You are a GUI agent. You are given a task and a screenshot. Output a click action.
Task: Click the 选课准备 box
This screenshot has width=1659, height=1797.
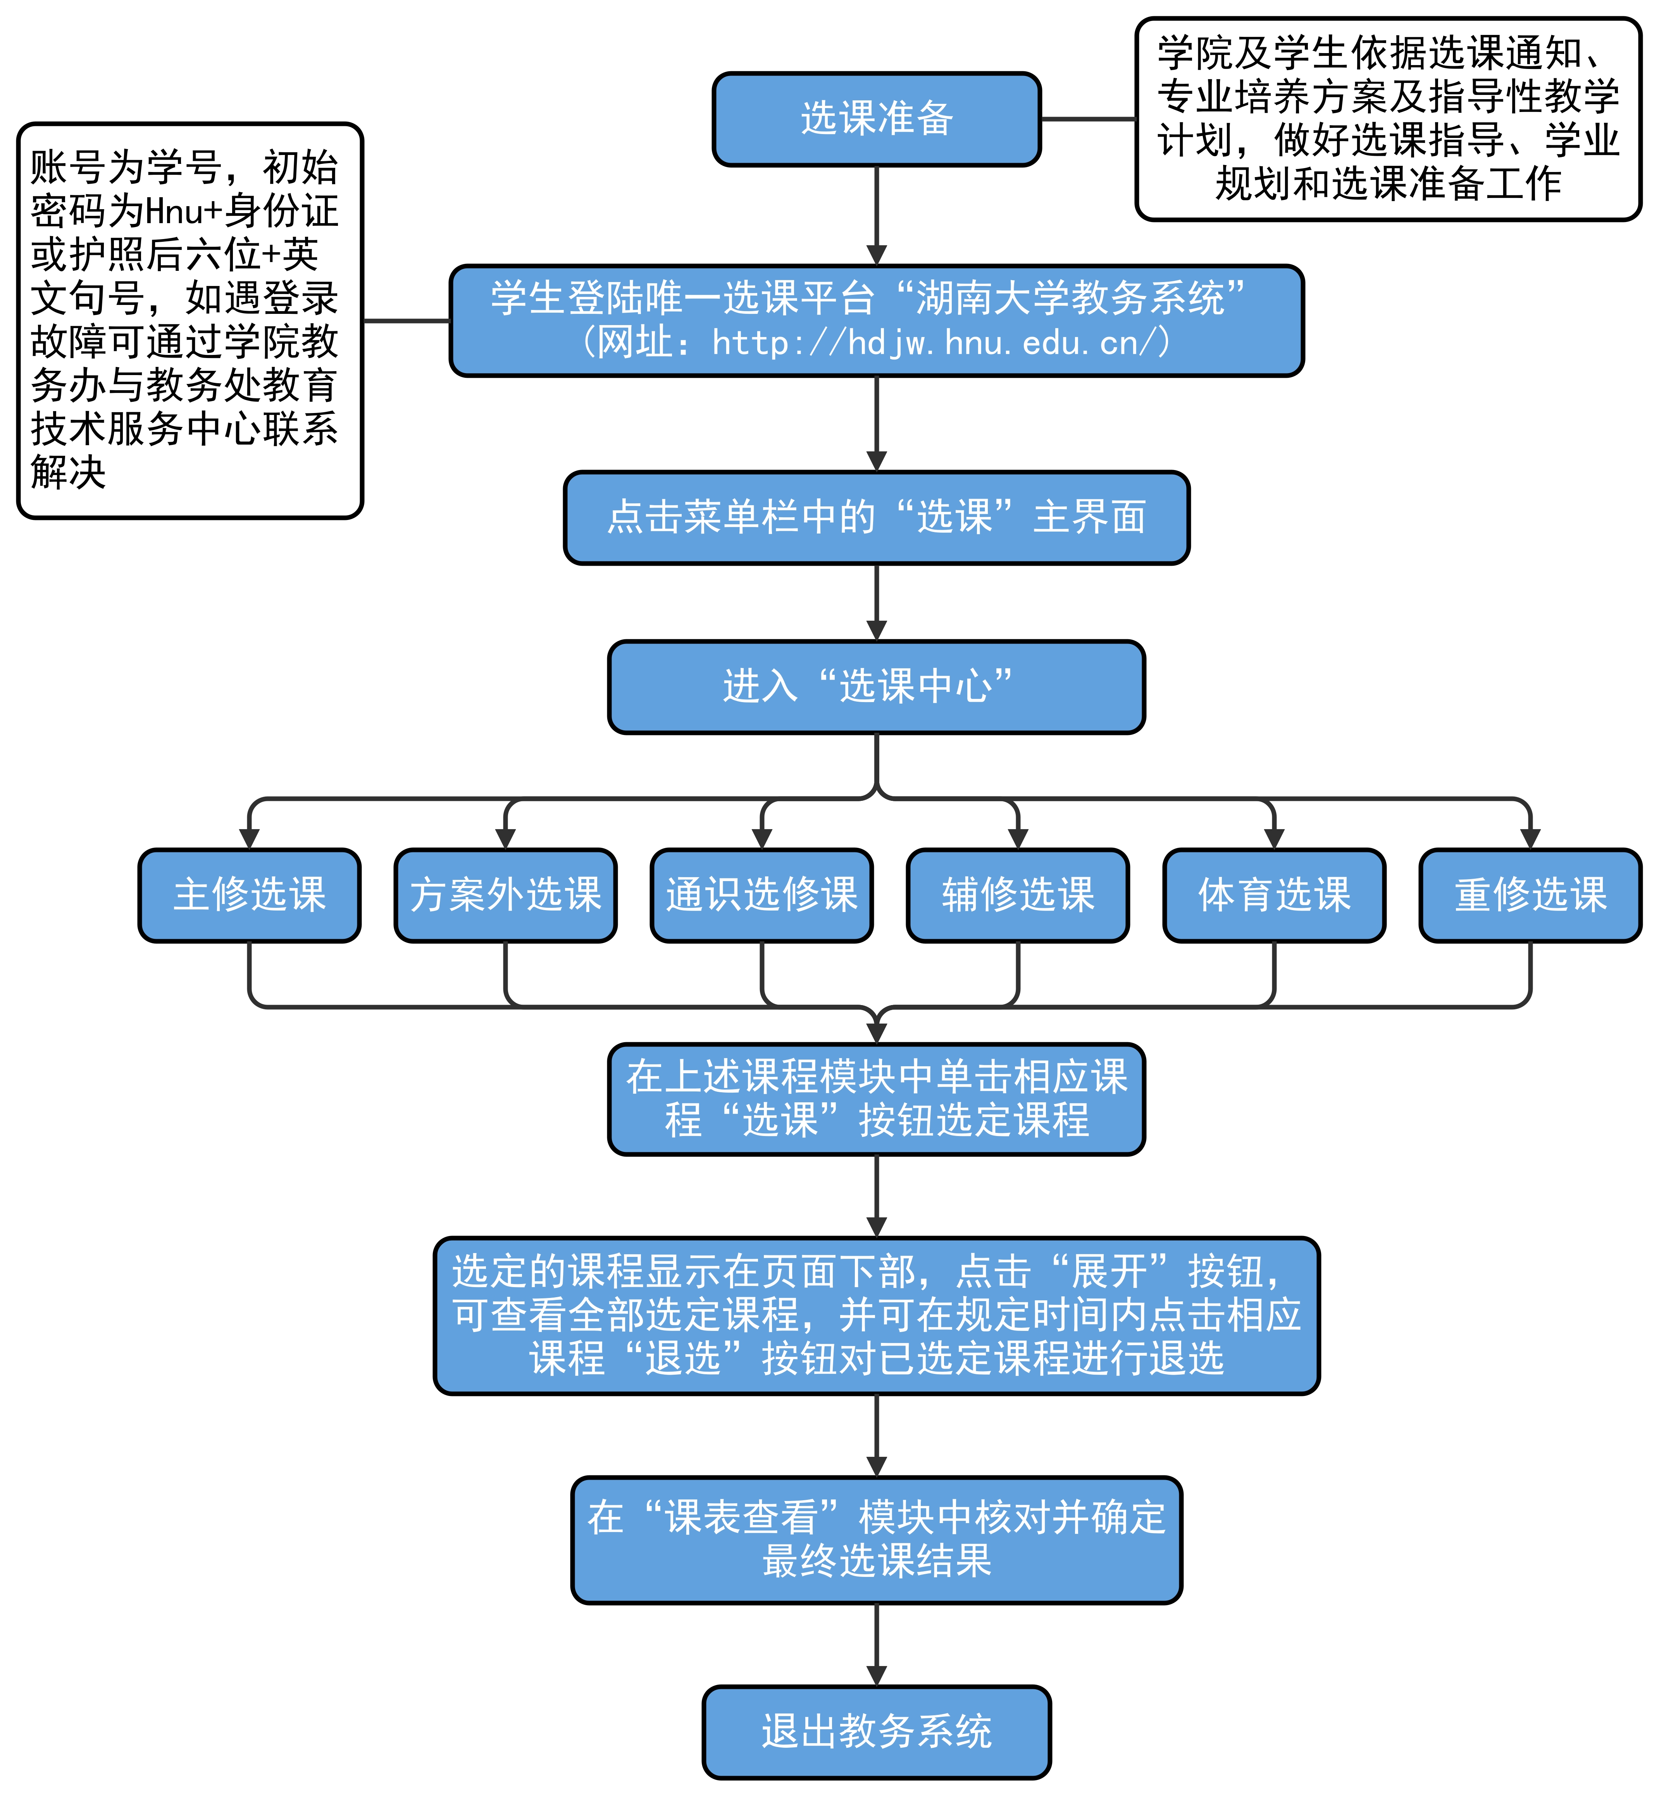876,119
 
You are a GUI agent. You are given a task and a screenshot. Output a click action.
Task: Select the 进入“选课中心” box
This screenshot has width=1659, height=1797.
876,687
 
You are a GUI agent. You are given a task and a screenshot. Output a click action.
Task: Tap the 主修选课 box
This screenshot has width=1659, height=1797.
250,895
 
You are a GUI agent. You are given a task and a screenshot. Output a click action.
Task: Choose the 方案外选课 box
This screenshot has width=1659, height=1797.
505,895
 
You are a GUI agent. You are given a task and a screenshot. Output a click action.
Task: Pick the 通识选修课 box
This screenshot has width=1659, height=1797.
761,895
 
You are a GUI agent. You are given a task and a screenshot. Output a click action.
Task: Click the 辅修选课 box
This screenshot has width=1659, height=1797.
1018,895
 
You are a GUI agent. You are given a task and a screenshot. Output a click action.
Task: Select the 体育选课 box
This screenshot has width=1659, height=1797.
1274,895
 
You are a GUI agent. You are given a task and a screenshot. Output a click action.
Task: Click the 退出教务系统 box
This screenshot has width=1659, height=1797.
876,1732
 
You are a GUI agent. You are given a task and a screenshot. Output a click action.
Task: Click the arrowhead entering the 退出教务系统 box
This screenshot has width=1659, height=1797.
876,1675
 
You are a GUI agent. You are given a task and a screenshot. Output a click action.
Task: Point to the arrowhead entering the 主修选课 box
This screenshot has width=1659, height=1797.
250,838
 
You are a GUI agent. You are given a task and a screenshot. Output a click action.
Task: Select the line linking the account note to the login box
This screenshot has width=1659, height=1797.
406,320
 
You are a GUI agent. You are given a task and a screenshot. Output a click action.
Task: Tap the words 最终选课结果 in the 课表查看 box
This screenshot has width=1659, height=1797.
876,1561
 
